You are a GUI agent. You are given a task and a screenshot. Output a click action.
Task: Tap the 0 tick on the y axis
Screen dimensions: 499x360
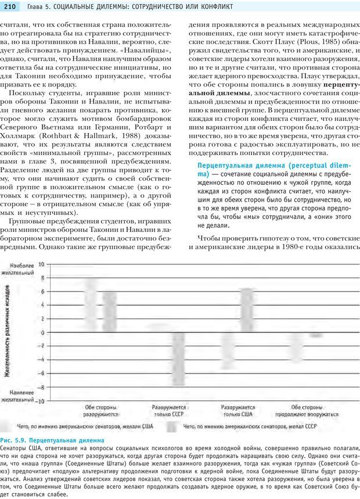coord(41,332)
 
